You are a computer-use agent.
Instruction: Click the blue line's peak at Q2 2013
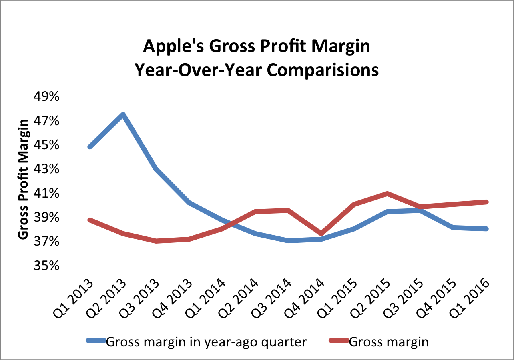(123, 115)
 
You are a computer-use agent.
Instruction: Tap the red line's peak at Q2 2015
(387, 194)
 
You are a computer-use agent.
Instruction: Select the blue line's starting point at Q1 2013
(90, 147)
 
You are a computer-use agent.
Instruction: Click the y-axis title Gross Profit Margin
(24, 179)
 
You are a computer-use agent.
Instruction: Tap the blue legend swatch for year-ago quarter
(96, 341)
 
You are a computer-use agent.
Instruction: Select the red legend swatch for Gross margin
(339, 341)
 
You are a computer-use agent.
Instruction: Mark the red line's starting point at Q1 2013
(90, 220)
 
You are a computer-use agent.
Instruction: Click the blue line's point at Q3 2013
(156, 169)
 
